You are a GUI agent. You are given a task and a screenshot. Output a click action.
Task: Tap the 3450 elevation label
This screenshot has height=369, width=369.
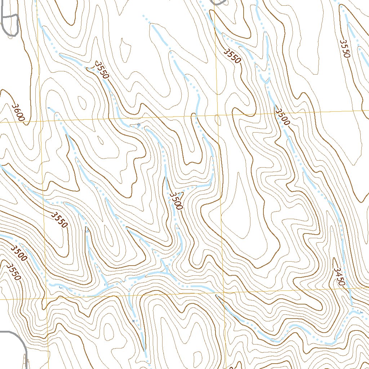click(x=339, y=277)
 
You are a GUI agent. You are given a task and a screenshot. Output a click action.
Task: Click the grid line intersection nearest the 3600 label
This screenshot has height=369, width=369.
click(x=41, y=121)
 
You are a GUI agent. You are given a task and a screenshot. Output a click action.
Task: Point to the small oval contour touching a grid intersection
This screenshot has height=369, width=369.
click(x=217, y=120)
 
